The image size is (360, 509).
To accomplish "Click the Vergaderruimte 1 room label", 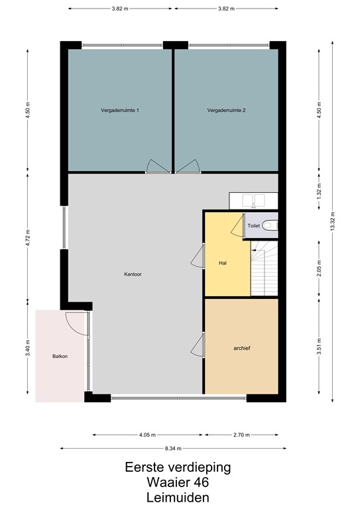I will coord(119,110).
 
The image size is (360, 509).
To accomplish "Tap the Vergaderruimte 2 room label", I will coord(226,110).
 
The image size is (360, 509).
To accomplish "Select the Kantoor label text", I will coord(133,274).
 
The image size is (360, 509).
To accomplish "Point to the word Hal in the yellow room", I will coord(223,263).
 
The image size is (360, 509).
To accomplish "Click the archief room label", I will coord(241,347).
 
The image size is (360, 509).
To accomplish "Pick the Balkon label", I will coord(60,357).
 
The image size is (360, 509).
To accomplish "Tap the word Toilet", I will coord(253,226).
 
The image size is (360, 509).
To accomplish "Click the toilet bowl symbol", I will coord(269,225).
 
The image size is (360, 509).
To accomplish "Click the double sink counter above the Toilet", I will coord(253,199).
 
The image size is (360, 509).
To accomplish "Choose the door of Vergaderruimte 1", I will coord(157,167).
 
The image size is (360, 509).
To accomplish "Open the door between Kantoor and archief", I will coord(198,344).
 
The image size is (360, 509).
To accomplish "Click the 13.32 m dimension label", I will coord(333,218).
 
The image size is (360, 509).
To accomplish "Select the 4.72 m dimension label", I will coord(27,237).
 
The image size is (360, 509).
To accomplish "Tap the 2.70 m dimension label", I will coord(241,435).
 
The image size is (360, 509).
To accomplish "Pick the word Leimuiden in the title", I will coord(179,497).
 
